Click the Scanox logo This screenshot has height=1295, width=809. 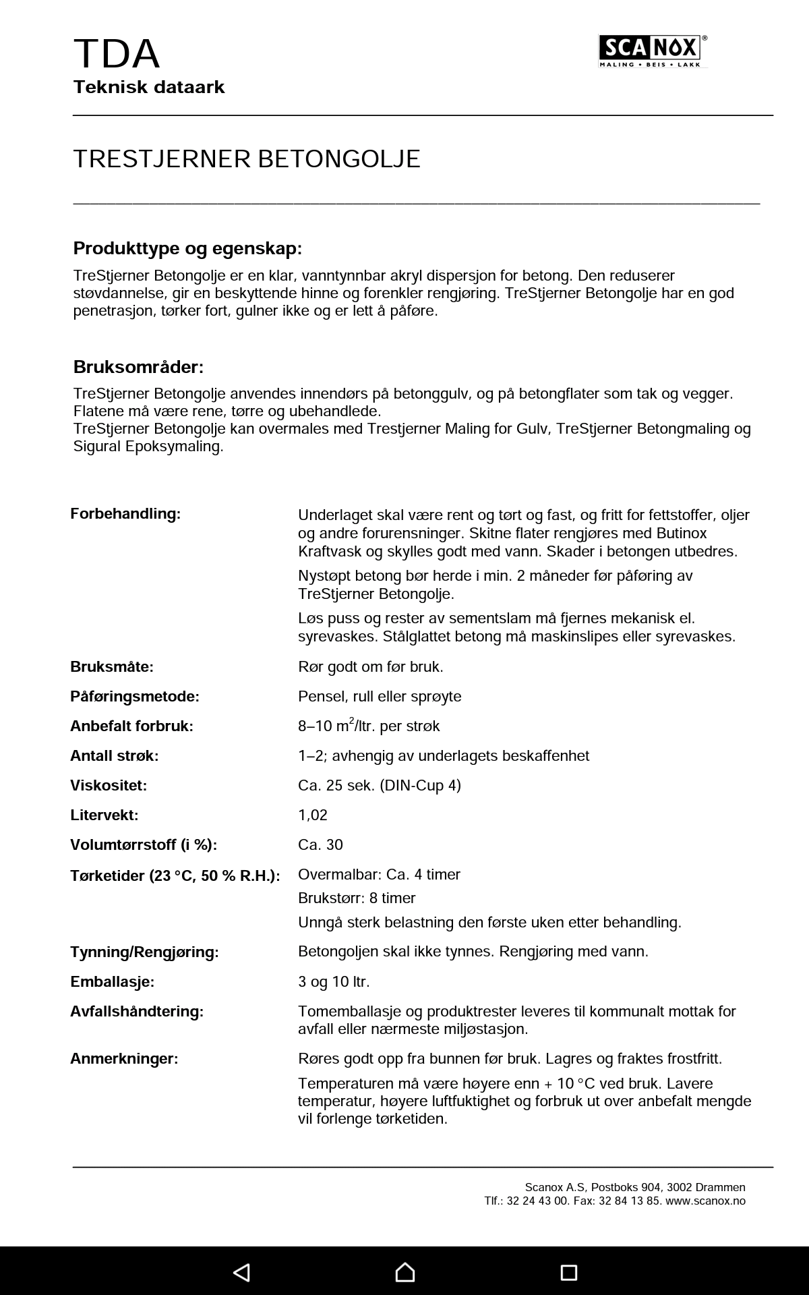pos(653,51)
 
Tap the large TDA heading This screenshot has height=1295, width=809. pos(117,54)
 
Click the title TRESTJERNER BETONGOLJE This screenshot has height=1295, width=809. pos(247,159)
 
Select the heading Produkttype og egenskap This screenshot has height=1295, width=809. pos(187,248)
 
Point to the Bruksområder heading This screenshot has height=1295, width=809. pos(138,367)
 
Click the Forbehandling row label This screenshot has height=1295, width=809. pos(125,514)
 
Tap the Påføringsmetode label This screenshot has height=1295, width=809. pos(135,696)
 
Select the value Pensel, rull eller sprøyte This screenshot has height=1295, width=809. pos(380,696)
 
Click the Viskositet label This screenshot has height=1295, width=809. pos(109,785)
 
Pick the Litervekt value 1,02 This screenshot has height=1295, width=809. pos(313,815)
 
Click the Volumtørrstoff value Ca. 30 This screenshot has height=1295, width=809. pos(320,844)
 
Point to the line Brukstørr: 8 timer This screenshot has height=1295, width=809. pos(357,898)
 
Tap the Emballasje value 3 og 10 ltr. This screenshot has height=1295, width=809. pos(334,981)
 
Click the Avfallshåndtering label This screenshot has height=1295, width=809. pos(137,1011)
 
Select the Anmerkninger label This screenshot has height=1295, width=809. pos(124,1058)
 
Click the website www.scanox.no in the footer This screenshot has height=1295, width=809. pos(705,1201)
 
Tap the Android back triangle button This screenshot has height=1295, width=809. pos(241,1272)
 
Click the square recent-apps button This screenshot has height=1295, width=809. pos(569,1272)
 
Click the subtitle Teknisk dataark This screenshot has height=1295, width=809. pos(149,87)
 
